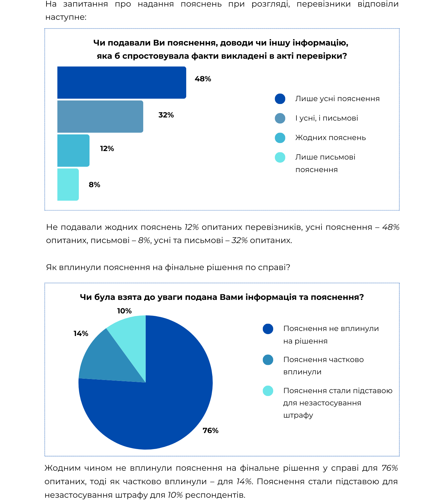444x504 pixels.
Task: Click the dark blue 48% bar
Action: (122, 83)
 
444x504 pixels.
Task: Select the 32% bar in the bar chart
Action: (100, 117)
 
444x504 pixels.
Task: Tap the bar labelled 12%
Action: (73, 150)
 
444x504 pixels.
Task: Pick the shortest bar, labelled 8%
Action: (68, 184)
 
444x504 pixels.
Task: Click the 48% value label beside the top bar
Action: (203, 79)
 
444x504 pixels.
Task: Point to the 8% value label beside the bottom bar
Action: (95, 185)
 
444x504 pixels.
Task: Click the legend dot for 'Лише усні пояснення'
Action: (280, 99)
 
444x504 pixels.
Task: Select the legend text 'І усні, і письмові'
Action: (327, 118)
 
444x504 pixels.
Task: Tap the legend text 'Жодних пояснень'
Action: (331, 138)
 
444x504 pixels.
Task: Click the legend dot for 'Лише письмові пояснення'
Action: (280, 157)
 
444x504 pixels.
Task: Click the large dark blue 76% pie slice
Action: (163, 405)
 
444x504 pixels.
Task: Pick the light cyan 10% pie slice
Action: (130, 339)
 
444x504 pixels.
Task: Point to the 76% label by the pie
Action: (211, 431)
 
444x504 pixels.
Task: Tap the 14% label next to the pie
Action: (81, 333)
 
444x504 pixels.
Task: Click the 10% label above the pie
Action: (124, 311)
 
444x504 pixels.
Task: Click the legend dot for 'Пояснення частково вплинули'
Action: (268, 360)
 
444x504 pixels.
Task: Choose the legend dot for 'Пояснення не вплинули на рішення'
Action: (268, 329)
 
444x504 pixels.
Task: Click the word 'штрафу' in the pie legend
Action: (298, 415)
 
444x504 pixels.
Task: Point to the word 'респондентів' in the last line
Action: (215, 495)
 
